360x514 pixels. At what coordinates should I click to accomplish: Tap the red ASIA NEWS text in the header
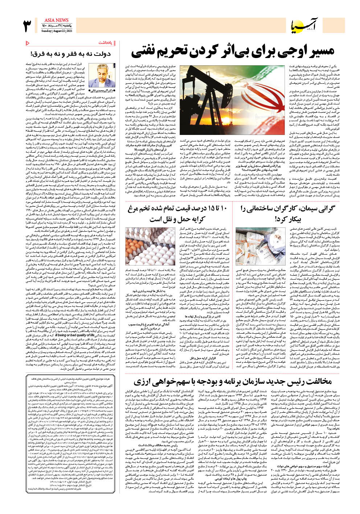tap(56, 20)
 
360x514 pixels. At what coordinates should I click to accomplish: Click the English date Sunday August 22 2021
tap(56, 31)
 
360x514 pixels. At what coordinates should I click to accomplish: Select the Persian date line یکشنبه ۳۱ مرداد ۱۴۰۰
tap(57, 26)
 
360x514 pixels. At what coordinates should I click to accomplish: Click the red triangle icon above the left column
tap(28, 43)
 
